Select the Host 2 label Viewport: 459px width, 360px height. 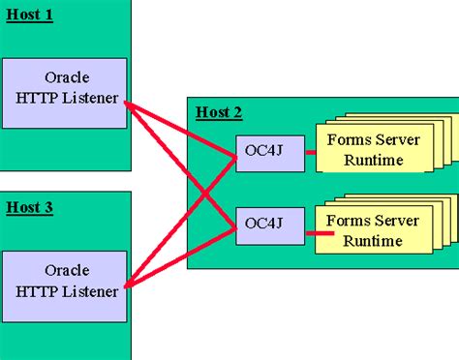[219, 113]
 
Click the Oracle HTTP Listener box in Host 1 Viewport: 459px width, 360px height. [64, 93]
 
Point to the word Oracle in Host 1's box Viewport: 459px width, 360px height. [65, 76]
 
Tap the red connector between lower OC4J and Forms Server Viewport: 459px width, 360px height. [313, 232]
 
